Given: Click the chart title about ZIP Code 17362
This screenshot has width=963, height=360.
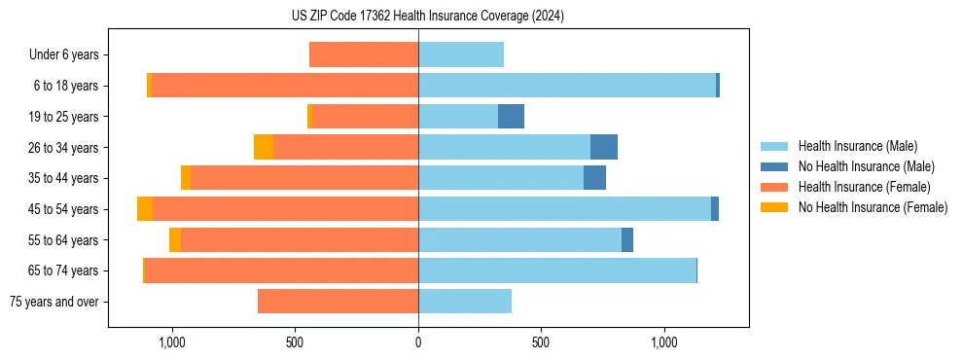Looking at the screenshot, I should point(427,16).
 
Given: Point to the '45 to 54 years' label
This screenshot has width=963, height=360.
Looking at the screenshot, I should point(63,209).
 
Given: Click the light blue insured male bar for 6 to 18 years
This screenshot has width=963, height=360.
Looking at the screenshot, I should point(567,86).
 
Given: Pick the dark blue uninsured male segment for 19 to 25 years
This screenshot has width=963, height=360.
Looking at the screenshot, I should point(511,117).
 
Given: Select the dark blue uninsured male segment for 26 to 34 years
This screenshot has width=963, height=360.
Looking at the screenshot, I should point(604,147).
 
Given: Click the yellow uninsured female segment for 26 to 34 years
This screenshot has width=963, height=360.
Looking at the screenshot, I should point(264,147).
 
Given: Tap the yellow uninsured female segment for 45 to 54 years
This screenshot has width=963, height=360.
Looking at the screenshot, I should point(145,209).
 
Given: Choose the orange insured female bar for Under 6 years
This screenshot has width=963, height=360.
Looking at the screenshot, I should point(364,54).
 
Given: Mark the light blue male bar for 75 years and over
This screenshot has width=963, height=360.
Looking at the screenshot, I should point(465,302).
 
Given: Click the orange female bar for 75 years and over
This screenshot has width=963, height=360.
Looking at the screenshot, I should point(338,302).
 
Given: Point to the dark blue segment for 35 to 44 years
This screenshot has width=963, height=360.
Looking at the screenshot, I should point(594,178).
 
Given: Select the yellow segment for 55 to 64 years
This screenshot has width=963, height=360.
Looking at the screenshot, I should point(175,240).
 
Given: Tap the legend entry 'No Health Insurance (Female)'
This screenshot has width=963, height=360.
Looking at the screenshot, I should point(873,207).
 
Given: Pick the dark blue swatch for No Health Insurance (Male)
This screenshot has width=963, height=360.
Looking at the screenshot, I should point(774,166).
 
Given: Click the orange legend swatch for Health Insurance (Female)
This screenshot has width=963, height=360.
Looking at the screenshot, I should point(774,187).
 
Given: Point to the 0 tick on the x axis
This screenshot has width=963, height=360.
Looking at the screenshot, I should point(418,342).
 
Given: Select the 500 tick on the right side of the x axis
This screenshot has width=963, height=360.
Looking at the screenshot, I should point(542,342).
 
